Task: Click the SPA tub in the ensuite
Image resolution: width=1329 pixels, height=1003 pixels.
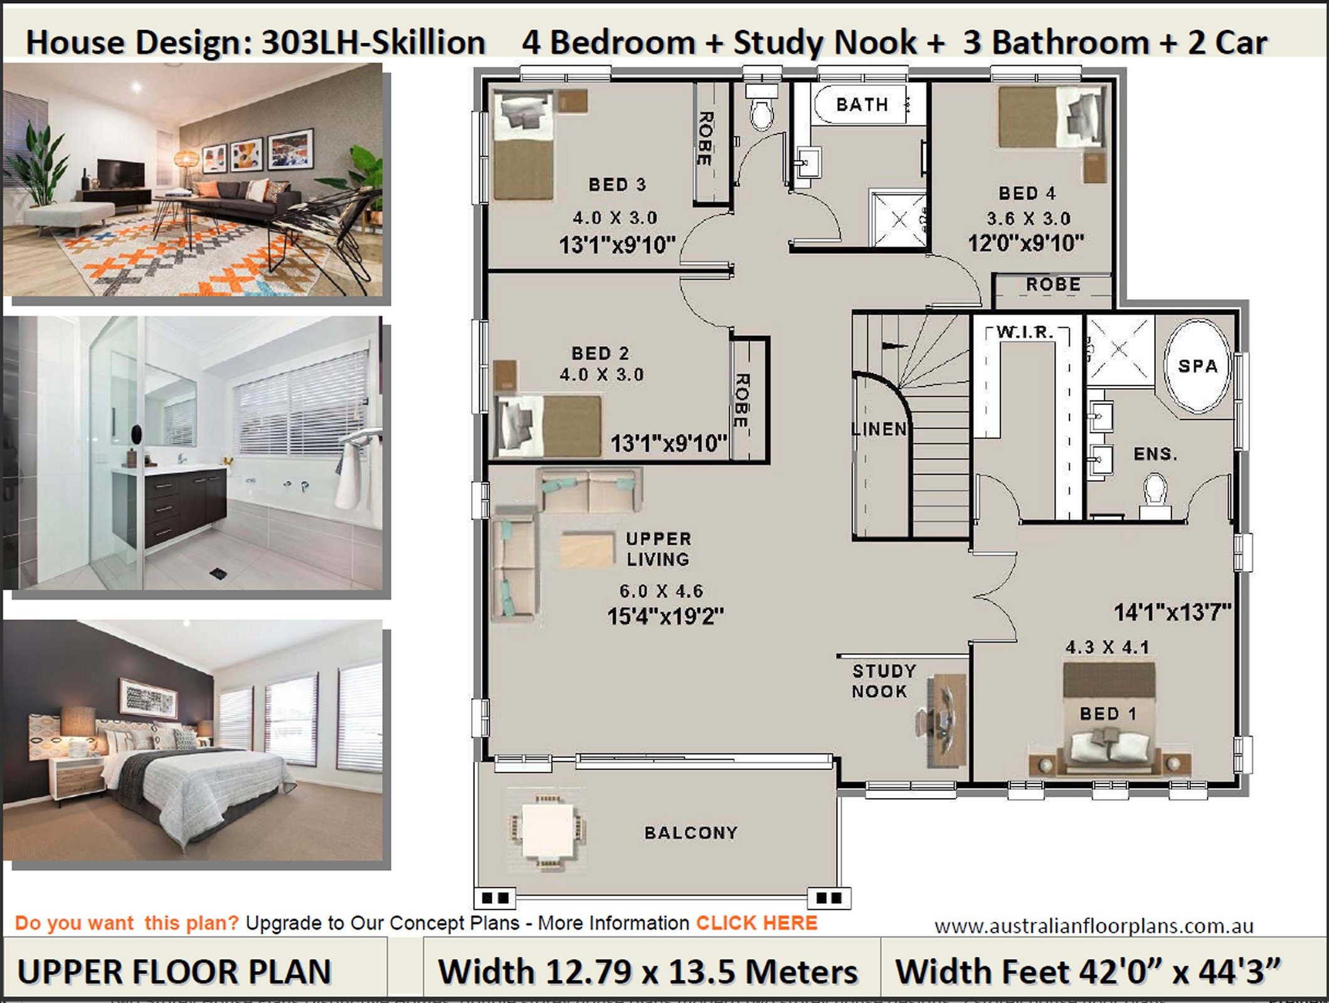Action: [x=1197, y=366]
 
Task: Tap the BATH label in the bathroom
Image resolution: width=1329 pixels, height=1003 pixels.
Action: [x=862, y=105]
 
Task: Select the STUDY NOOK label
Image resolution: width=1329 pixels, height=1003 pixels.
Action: [x=884, y=681]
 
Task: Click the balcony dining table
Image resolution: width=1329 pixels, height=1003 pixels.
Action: [x=548, y=831]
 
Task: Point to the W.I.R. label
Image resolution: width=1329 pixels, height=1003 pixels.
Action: [x=1025, y=332]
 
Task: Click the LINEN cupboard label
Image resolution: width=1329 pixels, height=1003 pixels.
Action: [x=879, y=429]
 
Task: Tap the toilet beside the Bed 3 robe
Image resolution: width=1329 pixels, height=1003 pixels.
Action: [x=761, y=113]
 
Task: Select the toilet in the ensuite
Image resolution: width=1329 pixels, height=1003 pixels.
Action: [x=1155, y=492]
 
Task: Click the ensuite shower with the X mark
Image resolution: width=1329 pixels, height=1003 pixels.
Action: [x=1120, y=351]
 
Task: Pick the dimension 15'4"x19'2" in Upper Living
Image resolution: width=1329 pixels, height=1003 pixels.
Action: [x=665, y=616]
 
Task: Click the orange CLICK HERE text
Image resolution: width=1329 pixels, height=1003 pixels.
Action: [x=756, y=923]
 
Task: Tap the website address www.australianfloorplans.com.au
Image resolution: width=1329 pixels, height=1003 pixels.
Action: [x=1094, y=926]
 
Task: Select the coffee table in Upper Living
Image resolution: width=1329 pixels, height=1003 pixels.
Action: [x=587, y=550]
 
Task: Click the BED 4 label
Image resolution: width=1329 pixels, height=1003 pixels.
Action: [x=1027, y=193]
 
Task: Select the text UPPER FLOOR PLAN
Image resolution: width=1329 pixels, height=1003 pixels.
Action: [x=174, y=972]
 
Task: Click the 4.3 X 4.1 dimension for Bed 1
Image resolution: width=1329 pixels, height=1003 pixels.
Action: [x=1107, y=647]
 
